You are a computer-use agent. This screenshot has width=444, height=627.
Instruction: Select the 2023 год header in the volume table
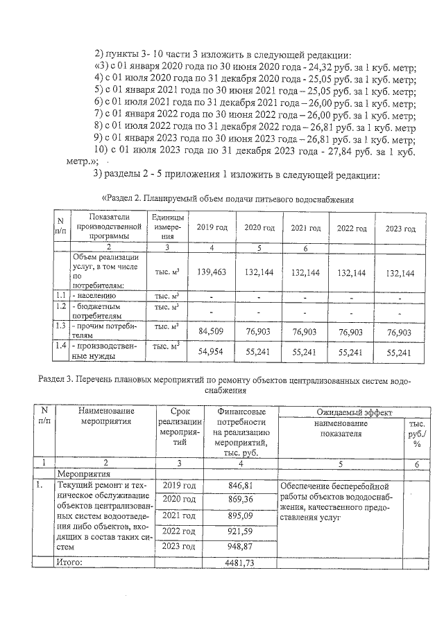pyautogui.click(x=400, y=229)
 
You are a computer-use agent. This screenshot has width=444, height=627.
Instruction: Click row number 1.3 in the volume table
pyautogui.click(x=60, y=326)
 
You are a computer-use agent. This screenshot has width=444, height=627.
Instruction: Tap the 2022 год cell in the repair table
pyautogui.click(x=180, y=531)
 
